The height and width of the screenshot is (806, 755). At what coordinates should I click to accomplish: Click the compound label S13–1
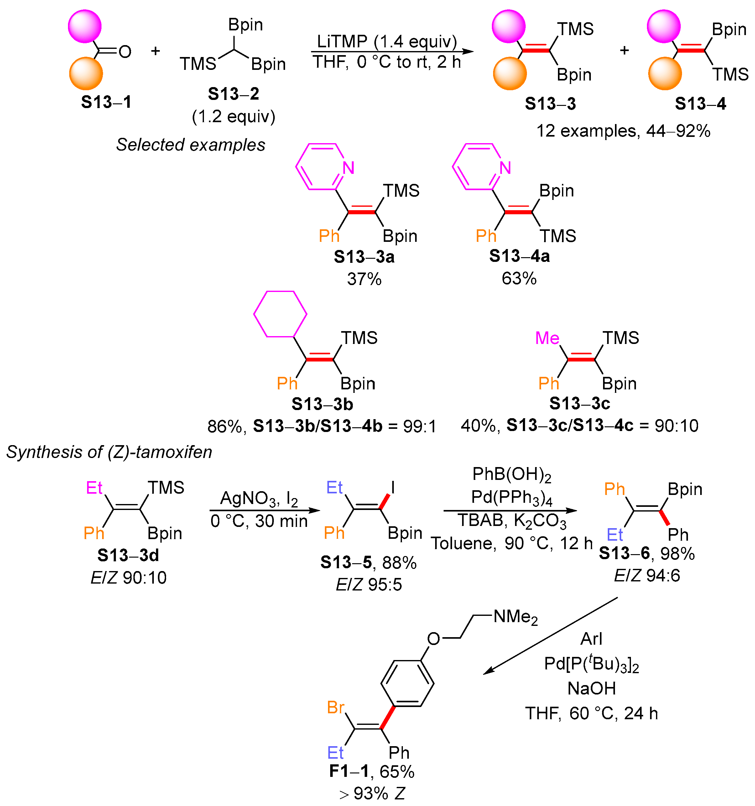(x=106, y=102)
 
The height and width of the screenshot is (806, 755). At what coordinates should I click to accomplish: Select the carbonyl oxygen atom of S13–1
(x=125, y=51)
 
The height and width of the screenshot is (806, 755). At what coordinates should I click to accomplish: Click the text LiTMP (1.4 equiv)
(x=387, y=41)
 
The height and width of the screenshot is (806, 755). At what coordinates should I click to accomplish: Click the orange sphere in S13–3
(x=510, y=74)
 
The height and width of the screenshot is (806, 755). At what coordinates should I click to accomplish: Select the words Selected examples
(x=190, y=145)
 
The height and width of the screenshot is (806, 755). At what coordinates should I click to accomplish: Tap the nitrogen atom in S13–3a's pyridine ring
(x=348, y=168)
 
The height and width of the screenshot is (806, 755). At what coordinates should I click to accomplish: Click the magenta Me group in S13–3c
(x=547, y=338)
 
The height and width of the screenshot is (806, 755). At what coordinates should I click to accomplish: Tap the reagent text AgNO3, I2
(x=259, y=498)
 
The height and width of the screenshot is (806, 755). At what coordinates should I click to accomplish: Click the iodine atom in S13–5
(x=393, y=487)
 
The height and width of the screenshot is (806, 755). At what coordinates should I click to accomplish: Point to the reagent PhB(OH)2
(x=512, y=474)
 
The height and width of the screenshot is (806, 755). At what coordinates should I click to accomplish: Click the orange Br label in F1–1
(x=336, y=707)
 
